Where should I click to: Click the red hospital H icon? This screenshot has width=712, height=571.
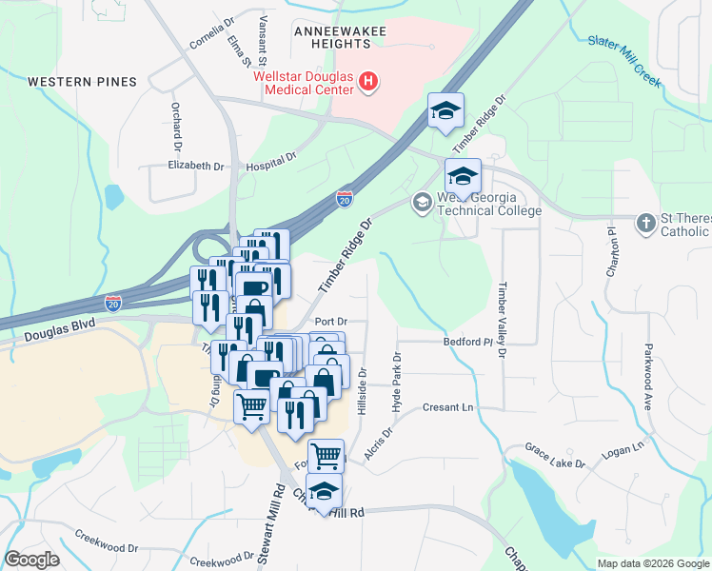coord(368,86)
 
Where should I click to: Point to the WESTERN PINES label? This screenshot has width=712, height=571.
coord(82,82)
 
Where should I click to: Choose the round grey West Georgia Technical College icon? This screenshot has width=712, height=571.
coord(422,202)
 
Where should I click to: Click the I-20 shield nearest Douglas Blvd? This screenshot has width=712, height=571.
coord(113,304)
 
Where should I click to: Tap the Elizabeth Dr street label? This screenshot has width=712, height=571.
coord(195,166)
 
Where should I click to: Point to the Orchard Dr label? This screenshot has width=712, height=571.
coord(177,128)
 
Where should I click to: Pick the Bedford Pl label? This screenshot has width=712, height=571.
coord(466,341)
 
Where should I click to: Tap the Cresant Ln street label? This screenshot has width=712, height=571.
coord(447,406)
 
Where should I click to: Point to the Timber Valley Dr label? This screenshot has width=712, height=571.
coord(501,320)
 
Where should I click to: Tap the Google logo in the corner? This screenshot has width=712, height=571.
coord(31,560)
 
